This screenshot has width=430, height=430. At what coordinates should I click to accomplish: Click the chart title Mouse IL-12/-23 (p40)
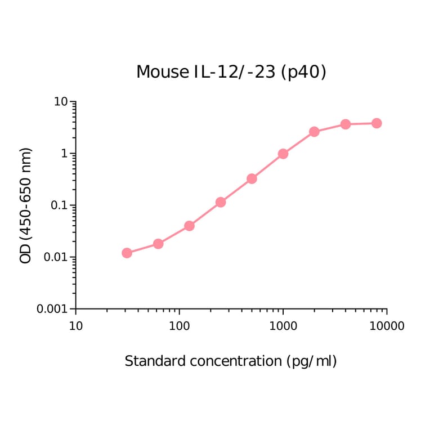[x=231, y=72]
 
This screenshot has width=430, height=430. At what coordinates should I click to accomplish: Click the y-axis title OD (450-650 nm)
[x=26, y=205]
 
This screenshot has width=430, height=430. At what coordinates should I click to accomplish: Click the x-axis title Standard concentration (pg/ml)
[x=231, y=361]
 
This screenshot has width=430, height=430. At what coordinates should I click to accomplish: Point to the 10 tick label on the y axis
[x=61, y=102]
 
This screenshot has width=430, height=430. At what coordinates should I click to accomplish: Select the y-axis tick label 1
[x=65, y=154]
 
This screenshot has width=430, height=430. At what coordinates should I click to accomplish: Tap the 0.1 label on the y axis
[x=59, y=205]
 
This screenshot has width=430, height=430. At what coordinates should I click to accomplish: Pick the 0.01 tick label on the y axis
[x=56, y=257]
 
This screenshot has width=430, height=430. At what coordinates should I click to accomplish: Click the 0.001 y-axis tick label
[x=53, y=309]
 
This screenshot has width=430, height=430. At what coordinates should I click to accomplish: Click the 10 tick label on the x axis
[x=76, y=326]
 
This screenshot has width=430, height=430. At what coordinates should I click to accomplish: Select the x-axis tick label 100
[x=180, y=326]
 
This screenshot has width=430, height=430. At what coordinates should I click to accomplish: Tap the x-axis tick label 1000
[x=283, y=326]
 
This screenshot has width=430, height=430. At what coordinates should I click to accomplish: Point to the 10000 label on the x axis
[x=387, y=326]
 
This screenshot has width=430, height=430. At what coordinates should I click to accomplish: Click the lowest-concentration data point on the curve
[x=127, y=253]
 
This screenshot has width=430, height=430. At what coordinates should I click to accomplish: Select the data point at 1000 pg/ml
[x=283, y=154]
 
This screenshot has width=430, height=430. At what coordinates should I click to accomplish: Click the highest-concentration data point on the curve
[x=377, y=123]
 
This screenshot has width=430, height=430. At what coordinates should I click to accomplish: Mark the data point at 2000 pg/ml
[x=314, y=132]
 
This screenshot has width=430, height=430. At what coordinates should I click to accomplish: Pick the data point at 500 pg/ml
[x=252, y=178]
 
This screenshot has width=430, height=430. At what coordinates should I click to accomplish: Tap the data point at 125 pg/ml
[x=190, y=226]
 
